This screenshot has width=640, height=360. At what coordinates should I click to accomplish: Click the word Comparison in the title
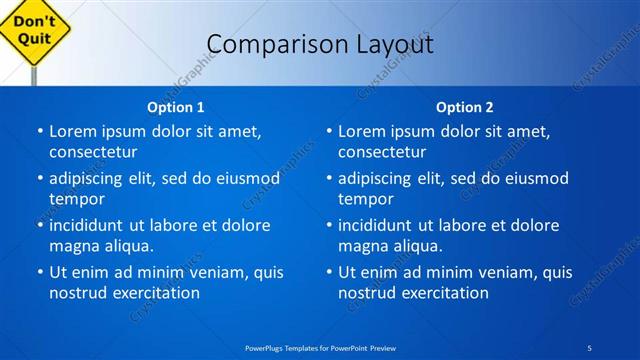click(x=265, y=44)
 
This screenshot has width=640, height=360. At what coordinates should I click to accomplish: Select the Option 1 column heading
click(x=176, y=107)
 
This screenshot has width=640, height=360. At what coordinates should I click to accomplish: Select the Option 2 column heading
click(x=465, y=107)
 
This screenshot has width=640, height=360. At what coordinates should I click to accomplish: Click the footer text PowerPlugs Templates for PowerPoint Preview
click(x=320, y=347)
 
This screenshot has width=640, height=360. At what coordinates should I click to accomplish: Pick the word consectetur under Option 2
click(x=382, y=152)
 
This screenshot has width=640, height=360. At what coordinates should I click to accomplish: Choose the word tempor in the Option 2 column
click(x=364, y=198)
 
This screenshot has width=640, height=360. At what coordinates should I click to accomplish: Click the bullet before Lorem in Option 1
click(x=39, y=132)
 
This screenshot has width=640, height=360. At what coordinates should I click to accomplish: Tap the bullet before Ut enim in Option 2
click(x=328, y=272)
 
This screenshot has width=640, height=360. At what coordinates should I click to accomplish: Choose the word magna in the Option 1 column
click(x=73, y=245)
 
